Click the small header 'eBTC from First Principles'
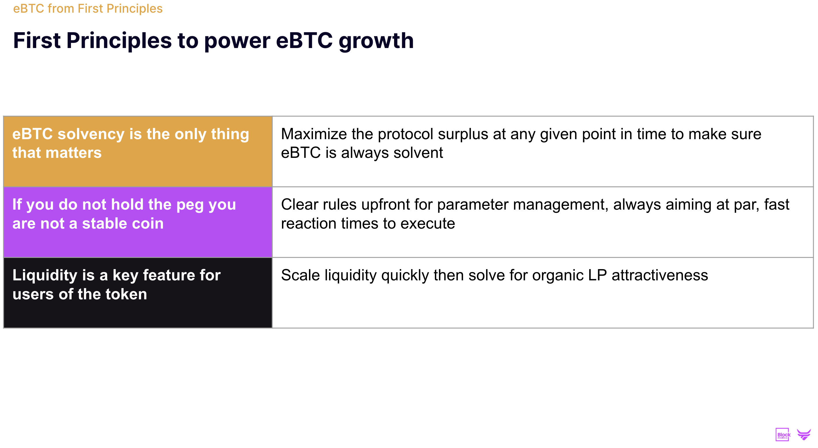[x=88, y=9]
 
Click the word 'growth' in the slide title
[x=376, y=42]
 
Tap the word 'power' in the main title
[x=237, y=42]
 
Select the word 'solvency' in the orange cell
[x=91, y=134]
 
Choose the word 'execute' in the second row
[x=427, y=224]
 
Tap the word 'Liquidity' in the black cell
[x=45, y=275]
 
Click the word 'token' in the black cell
[x=126, y=294]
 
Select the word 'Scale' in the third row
[x=300, y=275]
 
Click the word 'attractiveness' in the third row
[x=660, y=275]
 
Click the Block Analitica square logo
[x=782, y=434]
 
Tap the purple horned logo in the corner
[x=804, y=434]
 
